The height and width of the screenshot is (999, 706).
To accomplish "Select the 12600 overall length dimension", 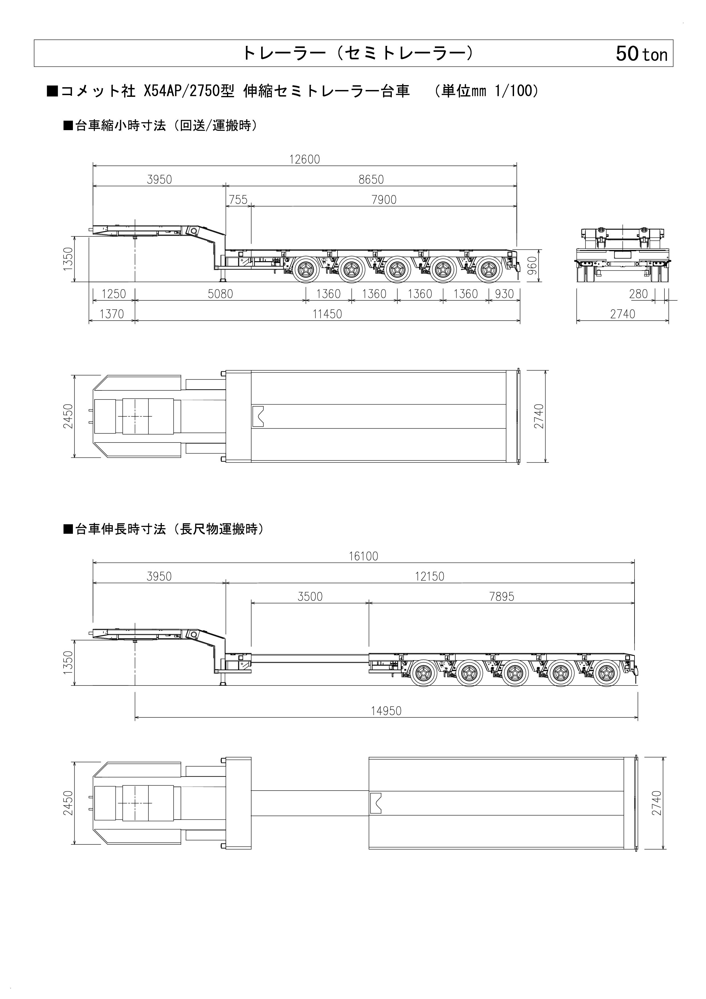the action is pos(304,159).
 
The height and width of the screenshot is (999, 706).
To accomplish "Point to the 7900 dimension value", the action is pos(384,200).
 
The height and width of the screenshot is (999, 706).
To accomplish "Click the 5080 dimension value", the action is pos(220,294).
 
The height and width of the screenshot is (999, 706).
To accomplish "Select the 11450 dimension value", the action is pos(327,314).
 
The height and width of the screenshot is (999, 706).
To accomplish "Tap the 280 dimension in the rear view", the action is pos(638,294).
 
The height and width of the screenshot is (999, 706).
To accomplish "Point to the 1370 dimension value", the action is pos(112,314).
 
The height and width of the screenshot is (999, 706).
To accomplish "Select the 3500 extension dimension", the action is pos(310,597).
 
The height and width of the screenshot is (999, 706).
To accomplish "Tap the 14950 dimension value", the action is pos(386,711).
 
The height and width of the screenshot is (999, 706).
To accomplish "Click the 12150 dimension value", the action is pos(429,576).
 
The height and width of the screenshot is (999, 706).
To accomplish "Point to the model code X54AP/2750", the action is pos(189,91).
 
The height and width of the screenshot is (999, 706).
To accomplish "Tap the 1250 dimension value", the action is pos(114,294).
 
